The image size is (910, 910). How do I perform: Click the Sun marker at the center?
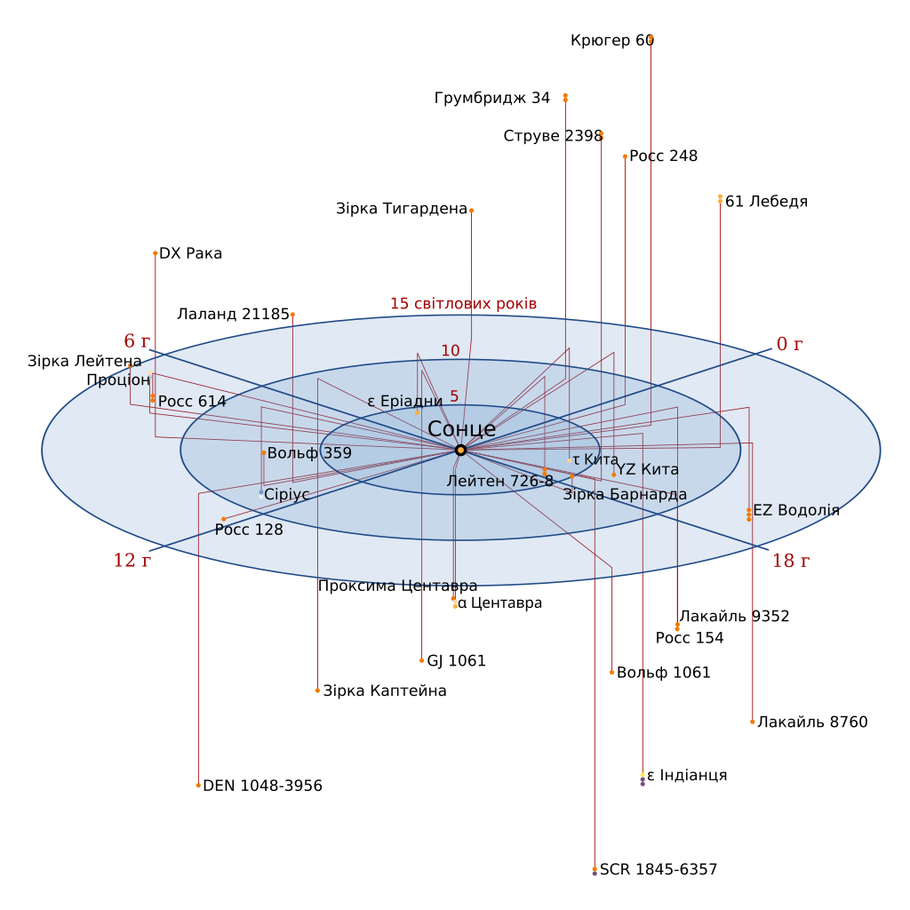pos(461,450)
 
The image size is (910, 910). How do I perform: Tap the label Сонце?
pos(461,429)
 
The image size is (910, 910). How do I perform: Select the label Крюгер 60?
pos(612,41)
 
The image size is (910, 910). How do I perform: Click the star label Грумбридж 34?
pos(492,98)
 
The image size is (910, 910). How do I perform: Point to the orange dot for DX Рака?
pos(155,253)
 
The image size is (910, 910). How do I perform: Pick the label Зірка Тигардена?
pos(402,208)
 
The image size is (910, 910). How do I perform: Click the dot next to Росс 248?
pos(625,156)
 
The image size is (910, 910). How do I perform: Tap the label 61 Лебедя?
pos(767,202)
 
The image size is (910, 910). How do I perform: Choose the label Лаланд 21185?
pos(234,314)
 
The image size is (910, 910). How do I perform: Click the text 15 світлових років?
pos(463,304)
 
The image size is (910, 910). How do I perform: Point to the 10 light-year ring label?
pos(451,350)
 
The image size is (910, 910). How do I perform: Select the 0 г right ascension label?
pos(789,344)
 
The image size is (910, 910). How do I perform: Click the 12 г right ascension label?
pos(132,560)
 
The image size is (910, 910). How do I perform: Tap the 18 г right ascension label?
pos(790,561)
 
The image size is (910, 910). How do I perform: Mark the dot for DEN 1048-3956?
pos(198,786)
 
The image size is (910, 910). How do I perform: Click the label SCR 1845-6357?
pos(659,869)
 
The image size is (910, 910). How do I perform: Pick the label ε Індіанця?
pos(687,775)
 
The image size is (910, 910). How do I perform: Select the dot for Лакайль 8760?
pos(752,722)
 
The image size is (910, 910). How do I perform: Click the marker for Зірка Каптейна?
pos(317,690)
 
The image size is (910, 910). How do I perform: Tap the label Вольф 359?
pos(309,453)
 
